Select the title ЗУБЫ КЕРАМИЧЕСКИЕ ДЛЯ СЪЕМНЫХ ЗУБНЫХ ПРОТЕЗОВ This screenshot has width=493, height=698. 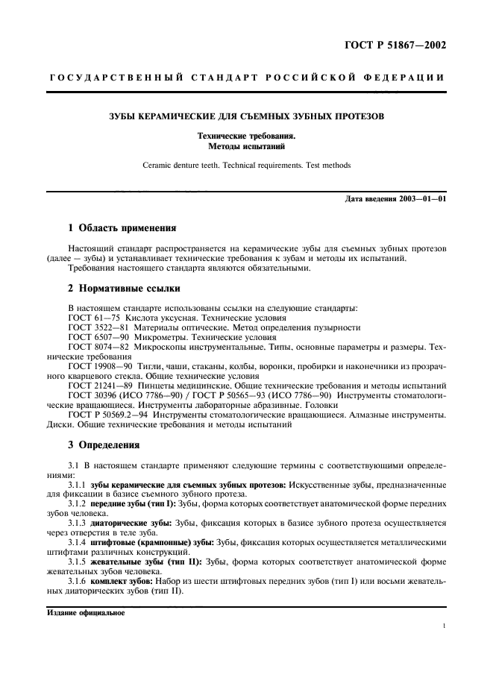coord(245,117)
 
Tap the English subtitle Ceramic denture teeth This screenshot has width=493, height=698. coord(245,165)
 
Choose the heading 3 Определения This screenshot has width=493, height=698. coord(104,444)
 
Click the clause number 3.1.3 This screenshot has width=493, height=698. coord(77,523)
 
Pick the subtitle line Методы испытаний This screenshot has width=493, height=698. coord(245,146)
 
